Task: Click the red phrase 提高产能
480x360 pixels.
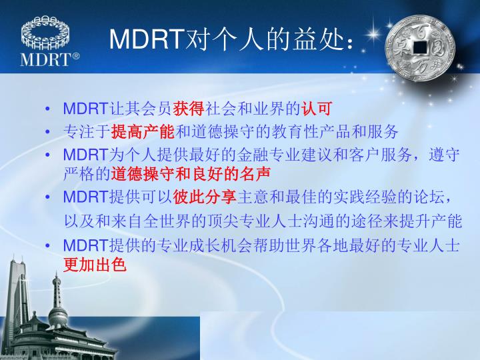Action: pyautogui.click(x=142, y=131)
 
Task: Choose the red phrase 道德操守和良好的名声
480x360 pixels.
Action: pyautogui.click(x=191, y=175)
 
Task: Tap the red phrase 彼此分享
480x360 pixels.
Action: pyautogui.click(x=205, y=197)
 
